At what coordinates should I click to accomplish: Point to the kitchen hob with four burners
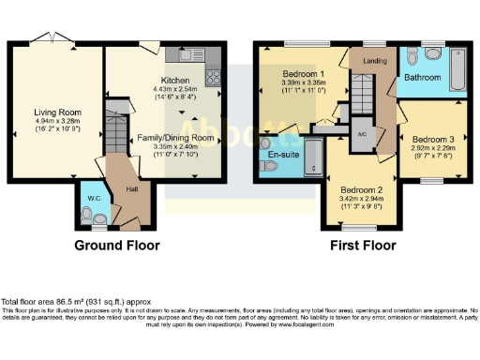tap(213, 73)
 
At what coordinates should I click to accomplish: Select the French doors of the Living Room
tap(45, 39)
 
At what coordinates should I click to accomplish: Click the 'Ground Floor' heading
tap(116, 246)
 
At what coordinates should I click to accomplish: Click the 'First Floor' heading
tap(360, 246)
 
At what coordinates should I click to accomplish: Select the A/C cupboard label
tap(362, 134)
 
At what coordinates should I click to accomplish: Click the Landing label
tap(376, 62)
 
